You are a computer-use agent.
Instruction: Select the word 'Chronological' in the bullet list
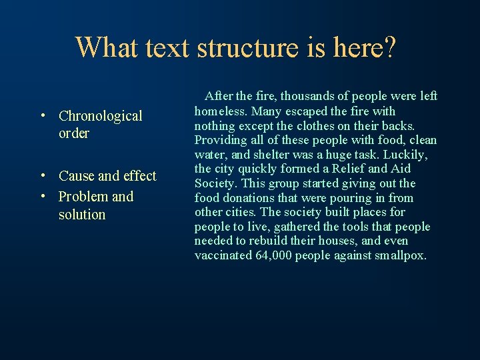(x=100, y=116)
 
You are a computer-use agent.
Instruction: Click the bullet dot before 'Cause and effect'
(x=42, y=177)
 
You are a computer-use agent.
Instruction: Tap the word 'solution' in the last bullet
(x=82, y=215)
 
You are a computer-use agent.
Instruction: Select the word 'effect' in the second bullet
(x=140, y=176)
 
